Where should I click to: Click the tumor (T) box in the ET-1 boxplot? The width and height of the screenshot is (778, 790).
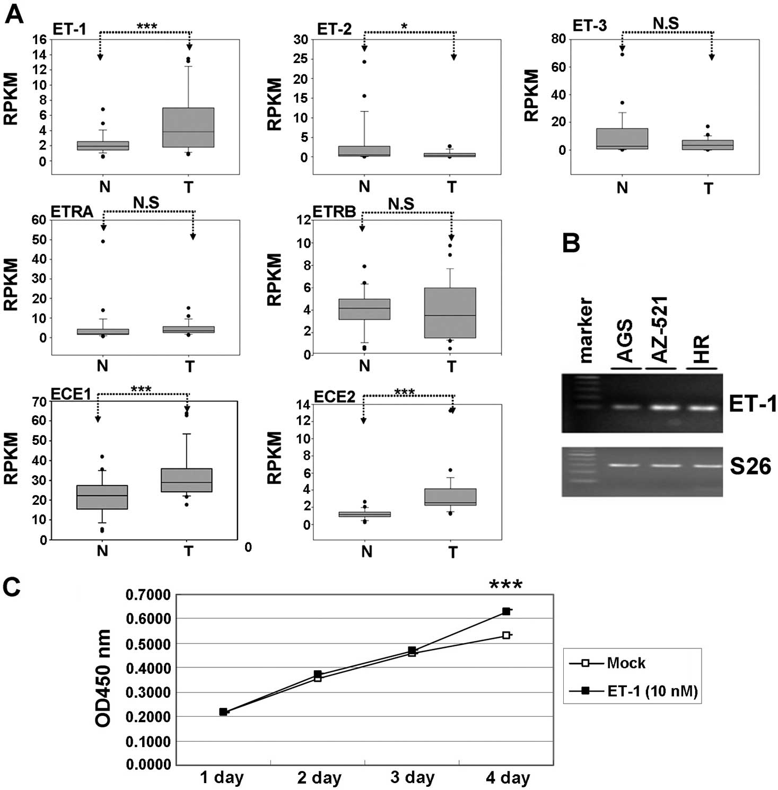click(x=188, y=127)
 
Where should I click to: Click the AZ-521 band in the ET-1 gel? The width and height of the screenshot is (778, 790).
click(x=661, y=408)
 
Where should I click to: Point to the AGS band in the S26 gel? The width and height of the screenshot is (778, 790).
click(x=626, y=465)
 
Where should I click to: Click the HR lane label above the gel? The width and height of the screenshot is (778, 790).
click(x=702, y=349)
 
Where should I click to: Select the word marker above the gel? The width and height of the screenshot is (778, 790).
click(x=585, y=331)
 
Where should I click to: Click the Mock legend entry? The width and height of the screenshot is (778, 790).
click(x=626, y=663)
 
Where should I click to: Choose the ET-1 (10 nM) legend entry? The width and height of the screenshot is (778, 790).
click(x=652, y=691)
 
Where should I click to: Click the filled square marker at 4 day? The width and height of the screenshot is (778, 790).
click(x=506, y=611)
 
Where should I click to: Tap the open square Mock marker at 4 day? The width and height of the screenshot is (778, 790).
click(x=506, y=635)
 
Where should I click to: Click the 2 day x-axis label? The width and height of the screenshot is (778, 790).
click(x=319, y=778)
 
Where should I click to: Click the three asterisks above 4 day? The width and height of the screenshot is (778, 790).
click(x=505, y=585)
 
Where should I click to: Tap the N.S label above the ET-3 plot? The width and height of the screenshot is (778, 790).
click(x=666, y=23)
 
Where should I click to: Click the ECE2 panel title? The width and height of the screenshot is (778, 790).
click(x=334, y=397)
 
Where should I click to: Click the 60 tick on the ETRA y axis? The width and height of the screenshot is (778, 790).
click(x=39, y=220)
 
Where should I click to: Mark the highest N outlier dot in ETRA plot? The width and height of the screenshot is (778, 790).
click(x=103, y=241)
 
